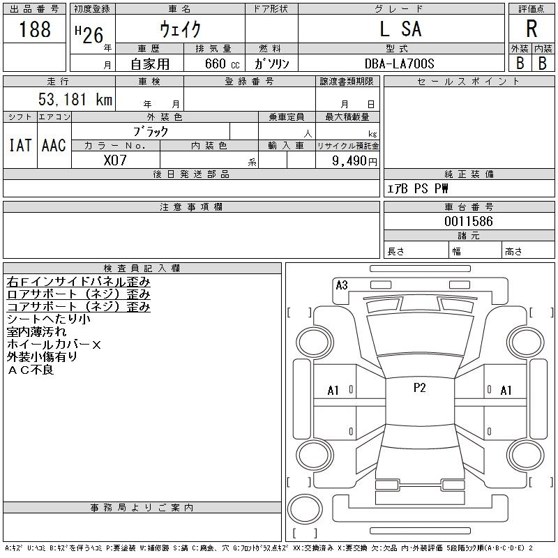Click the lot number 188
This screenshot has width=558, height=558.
(x=35, y=29)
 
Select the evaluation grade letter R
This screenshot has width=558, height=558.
(x=531, y=29)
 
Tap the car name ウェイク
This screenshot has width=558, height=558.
(x=180, y=29)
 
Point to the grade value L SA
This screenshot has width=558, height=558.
(x=400, y=29)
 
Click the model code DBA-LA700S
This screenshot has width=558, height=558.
(x=400, y=63)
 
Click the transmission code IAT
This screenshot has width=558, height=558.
(x=20, y=145)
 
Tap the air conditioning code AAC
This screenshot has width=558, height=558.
(x=54, y=145)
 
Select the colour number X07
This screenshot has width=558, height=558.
(x=115, y=160)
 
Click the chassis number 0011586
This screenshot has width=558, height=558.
(x=469, y=221)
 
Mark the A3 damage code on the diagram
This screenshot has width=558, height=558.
(x=341, y=285)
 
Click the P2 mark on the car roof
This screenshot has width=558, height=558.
(x=419, y=388)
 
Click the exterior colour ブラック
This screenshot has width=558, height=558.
(x=151, y=131)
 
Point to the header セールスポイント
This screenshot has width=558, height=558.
(x=469, y=82)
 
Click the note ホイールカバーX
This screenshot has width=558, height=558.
(x=54, y=345)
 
